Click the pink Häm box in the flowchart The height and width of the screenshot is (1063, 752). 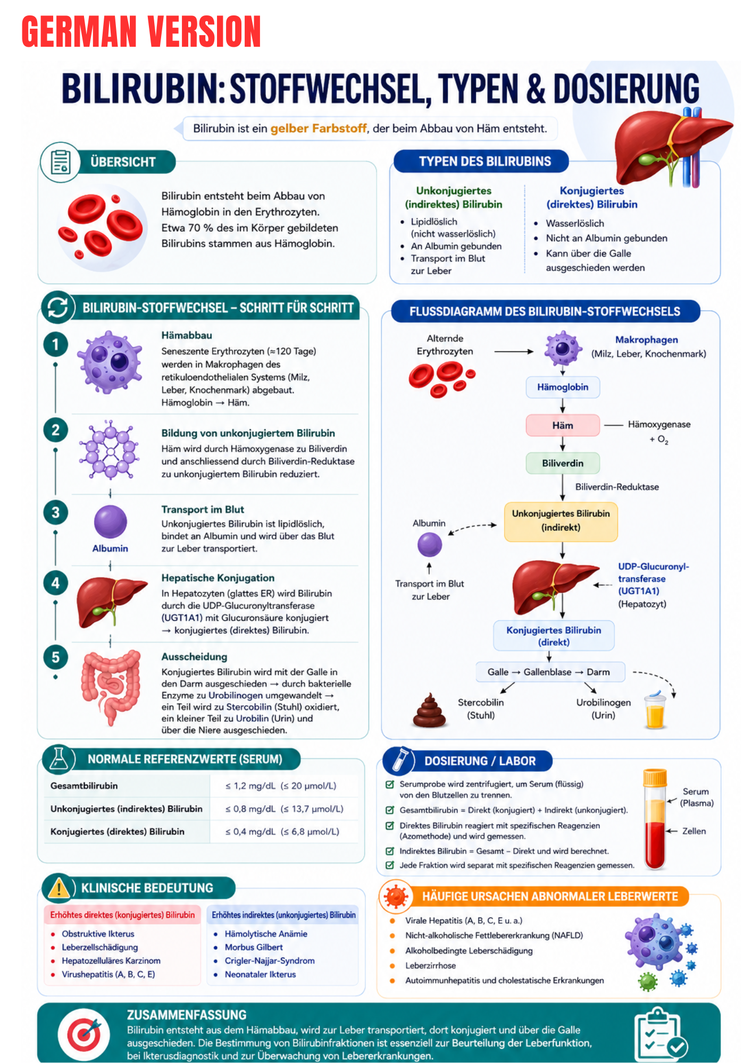563,425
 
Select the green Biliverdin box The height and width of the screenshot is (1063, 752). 563,463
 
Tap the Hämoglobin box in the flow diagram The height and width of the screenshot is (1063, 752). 563,387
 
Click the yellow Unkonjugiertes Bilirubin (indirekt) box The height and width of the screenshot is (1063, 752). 561,521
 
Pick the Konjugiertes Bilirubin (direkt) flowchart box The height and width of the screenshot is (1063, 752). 554,636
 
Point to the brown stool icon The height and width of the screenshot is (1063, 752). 429,710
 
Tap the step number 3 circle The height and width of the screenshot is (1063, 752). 55,512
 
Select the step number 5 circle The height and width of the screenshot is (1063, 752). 55,657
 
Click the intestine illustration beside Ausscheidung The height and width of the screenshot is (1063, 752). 111,687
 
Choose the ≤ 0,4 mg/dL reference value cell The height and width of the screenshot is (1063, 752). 282,831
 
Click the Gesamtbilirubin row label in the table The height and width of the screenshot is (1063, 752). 84,786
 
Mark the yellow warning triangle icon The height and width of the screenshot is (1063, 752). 59,888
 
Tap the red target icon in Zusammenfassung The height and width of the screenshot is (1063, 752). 83,1034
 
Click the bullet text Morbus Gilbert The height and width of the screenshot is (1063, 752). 254,947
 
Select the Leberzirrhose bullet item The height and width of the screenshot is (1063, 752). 430,965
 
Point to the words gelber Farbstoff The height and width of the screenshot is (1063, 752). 318,128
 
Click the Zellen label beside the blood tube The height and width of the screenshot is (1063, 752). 694,831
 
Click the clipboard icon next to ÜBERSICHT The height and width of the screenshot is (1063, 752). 60,162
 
